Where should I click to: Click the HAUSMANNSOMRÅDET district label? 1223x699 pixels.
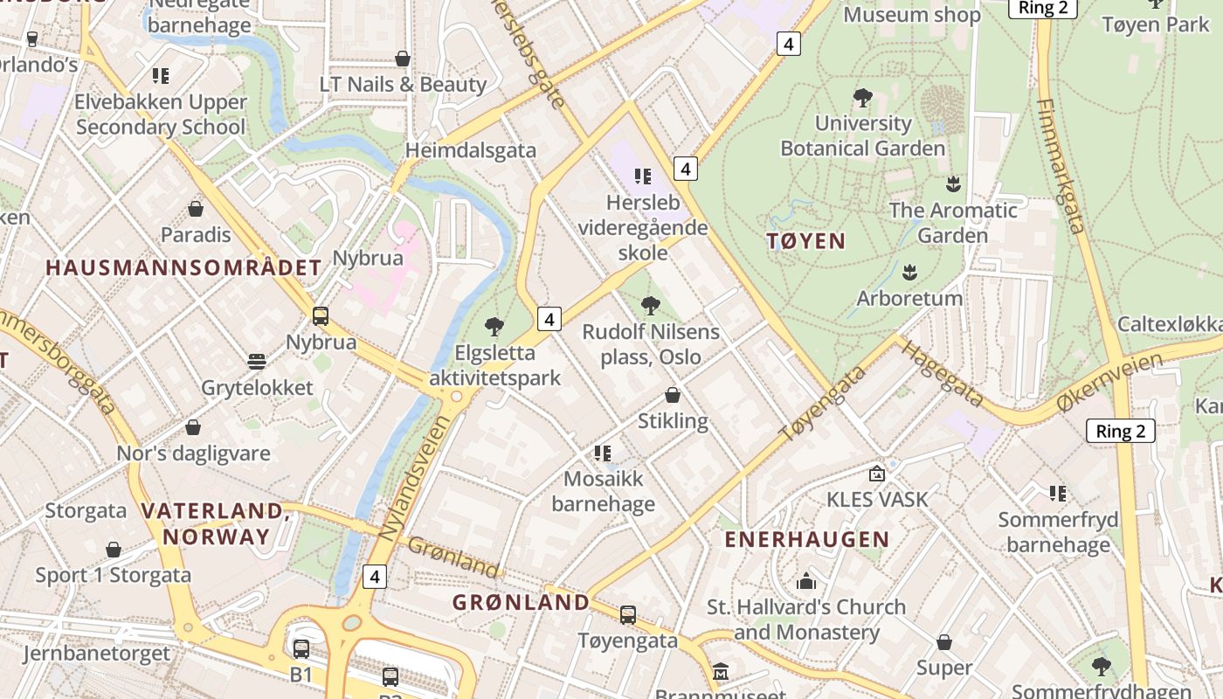click(x=183, y=267)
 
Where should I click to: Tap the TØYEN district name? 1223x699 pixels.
click(x=805, y=241)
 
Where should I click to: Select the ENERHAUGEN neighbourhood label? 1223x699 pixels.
click(x=806, y=539)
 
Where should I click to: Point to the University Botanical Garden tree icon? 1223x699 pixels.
click(x=862, y=97)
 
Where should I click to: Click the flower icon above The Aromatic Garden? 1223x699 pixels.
click(x=953, y=183)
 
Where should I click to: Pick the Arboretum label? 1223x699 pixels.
click(x=909, y=298)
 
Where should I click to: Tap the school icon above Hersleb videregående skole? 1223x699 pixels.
click(x=643, y=176)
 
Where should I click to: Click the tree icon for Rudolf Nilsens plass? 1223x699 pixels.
click(x=650, y=306)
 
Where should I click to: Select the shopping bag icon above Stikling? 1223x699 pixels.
click(x=673, y=395)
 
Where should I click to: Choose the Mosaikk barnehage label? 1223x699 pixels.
click(x=603, y=491)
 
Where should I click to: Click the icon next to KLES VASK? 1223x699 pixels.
click(x=876, y=474)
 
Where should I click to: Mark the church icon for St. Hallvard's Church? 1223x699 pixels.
click(x=805, y=581)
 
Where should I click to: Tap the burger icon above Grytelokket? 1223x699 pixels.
click(x=257, y=361)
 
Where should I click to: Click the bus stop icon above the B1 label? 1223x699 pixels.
click(x=301, y=648)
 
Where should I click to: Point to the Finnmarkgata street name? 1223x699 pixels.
click(x=1061, y=166)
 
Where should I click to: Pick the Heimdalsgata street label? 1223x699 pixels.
click(x=471, y=150)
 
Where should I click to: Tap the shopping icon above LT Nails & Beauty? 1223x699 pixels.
click(x=403, y=59)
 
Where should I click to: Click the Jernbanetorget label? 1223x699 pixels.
click(x=96, y=654)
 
